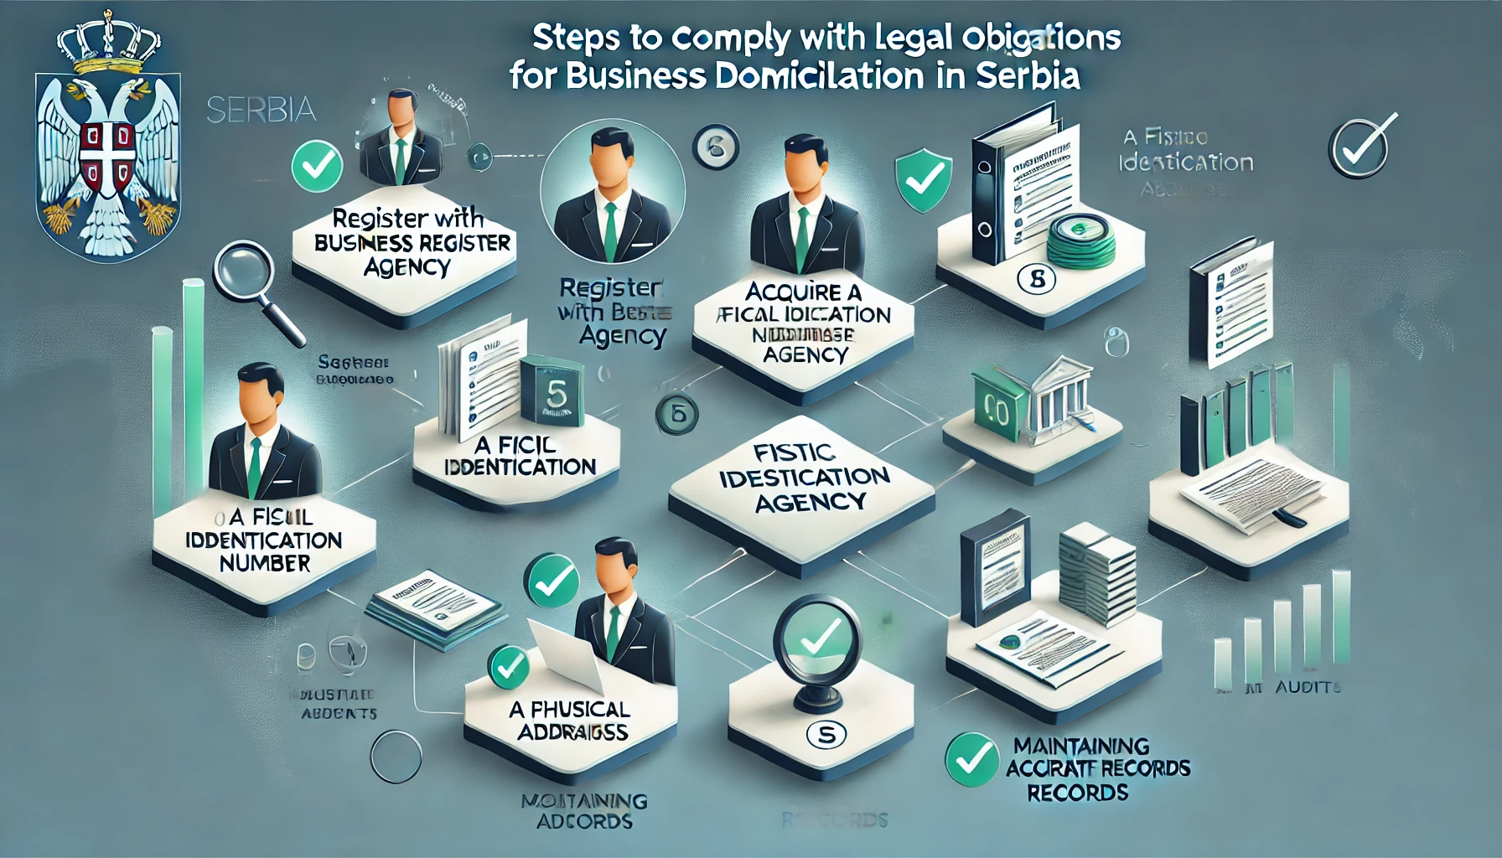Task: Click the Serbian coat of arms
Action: (x=107, y=151)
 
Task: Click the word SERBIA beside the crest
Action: (x=261, y=110)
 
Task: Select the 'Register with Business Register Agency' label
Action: (x=409, y=243)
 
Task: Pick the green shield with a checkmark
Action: (x=924, y=180)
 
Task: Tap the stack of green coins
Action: (x=1081, y=239)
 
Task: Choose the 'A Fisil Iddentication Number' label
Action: (x=263, y=540)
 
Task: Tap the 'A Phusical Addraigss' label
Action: (x=571, y=721)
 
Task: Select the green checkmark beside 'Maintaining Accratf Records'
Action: (x=971, y=759)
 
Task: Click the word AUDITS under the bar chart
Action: (x=1308, y=687)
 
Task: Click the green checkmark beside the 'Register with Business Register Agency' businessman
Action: (x=317, y=165)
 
